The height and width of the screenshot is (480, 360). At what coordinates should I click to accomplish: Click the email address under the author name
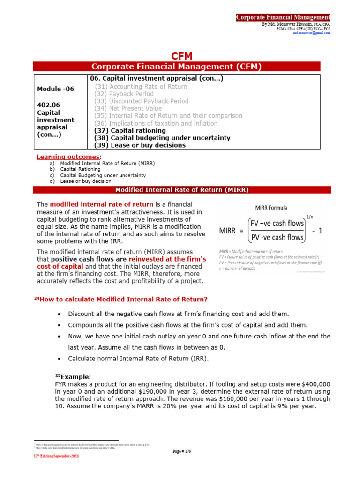pos(311,33)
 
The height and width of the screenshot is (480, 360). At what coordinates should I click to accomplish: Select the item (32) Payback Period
pos(124,94)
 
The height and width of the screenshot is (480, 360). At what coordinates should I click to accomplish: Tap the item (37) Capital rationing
pos(130,130)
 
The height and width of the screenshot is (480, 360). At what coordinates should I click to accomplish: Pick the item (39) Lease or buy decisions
pos(140,145)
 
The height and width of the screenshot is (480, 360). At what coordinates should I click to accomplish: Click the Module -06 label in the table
pos(55,89)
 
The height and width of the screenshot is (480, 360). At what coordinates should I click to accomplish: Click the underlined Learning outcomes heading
pos(68,156)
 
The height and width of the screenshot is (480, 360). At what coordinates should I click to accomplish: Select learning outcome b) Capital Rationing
pos(80,169)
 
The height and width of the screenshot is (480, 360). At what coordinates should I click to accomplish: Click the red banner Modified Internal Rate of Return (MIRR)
pos(182,190)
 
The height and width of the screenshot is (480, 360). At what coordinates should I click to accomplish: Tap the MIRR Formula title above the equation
pos(271,208)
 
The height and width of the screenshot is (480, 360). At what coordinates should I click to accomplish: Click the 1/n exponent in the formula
pos(310,216)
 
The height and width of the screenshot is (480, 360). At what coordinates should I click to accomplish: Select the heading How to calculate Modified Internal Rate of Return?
pos(123,300)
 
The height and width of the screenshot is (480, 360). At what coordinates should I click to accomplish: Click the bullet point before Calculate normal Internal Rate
pos(58,359)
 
